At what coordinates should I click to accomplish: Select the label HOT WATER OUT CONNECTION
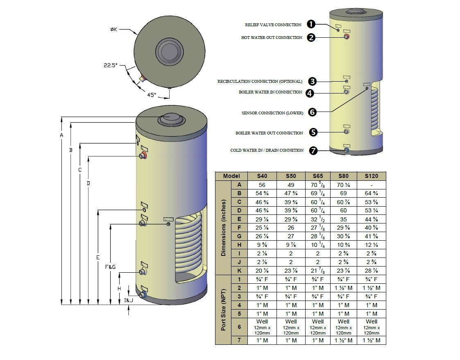[x=272, y=38]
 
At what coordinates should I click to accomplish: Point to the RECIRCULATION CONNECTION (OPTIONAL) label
[x=260, y=82]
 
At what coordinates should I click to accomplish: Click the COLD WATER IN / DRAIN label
[x=267, y=150]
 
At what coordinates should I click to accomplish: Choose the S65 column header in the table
[x=317, y=176]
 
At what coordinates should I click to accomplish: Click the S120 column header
[x=371, y=176]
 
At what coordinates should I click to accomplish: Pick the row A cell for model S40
[x=262, y=185]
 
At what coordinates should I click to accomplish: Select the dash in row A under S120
[x=371, y=185]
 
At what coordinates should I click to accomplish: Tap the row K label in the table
[x=239, y=271]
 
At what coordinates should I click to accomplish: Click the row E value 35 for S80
[x=344, y=219]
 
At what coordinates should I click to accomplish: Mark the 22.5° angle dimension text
[x=111, y=65]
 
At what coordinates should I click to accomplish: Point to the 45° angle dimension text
[x=152, y=95]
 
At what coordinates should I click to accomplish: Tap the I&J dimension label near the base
[x=129, y=301]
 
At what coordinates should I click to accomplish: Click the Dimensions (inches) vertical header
[x=223, y=228]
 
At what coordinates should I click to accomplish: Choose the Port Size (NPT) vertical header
[x=223, y=310]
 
